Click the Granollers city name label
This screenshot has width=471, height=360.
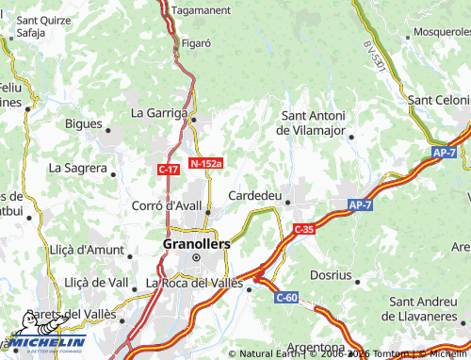[x=196, y=241]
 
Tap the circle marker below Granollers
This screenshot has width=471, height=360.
[x=197, y=256]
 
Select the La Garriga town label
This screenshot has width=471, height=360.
[x=160, y=112]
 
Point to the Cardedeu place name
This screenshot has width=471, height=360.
[x=257, y=195]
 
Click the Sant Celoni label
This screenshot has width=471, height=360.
[x=438, y=100]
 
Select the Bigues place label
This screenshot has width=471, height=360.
[x=84, y=123]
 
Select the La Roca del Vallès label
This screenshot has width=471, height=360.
[x=194, y=282]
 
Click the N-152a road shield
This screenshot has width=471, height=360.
[x=205, y=163]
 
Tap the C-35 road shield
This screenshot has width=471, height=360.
[x=303, y=229]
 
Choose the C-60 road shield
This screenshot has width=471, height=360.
[x=286, y=298]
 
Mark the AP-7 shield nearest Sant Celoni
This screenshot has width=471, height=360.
[x=445, y=152]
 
